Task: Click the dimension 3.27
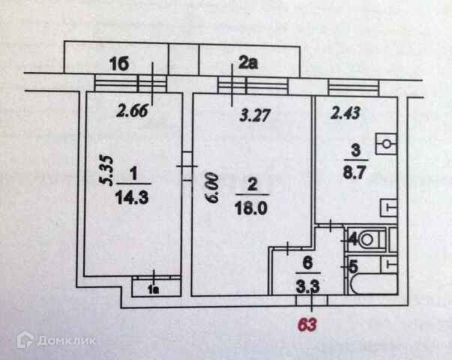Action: [x=253, y=116]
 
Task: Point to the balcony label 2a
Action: [x=247, y=64]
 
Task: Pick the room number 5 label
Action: [x=352, y=265]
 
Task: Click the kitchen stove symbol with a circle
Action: [x=386, y=142]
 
